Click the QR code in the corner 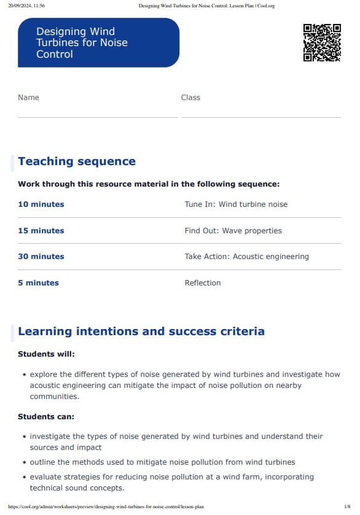(x=322, y=42)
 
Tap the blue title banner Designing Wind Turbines (x=98, y=42)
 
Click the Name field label (x=28, y=98)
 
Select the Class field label (x=190, y=98)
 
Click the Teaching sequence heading (x=77, y=161)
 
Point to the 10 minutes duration (x=41, y=204)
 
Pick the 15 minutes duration (x=41, y=231)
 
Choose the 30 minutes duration (x=41, y=257)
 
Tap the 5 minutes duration (x=39, y=283)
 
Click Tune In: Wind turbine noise (x=236, y=204)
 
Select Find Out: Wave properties (x=233, y=231)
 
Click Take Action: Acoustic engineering (x=247, y=257)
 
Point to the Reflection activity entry (x=203, y=283)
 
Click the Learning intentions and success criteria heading (x=141, y=331)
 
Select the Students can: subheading (x=46, y=417)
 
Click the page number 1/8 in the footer (x=347, y=507)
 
